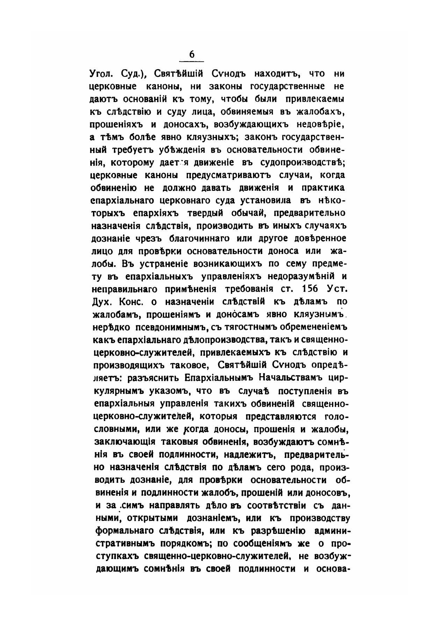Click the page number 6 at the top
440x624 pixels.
pos(192,55)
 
